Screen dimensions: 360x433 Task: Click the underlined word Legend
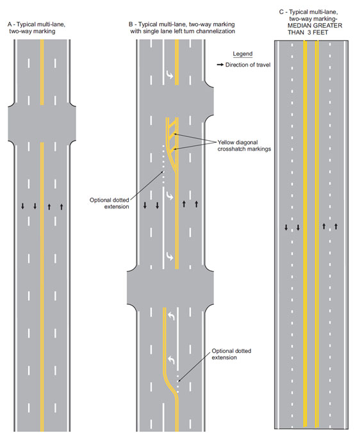pyautogui.click(x=243, y=54)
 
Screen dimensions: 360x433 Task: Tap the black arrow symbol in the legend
pyautogui.click(x=220, y=65)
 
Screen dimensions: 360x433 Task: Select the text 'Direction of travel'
pyautogui.click(x=248, y=65)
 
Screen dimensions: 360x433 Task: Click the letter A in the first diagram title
pyautogui.click(x=10, y=24)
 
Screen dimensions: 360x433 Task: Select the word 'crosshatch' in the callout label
pyautogui.click(x=230, y=149)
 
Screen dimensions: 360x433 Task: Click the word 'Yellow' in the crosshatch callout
pyautogui.click(x=225, y=142)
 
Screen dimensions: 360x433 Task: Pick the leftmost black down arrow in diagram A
pyautogui.click(x=22, y=206)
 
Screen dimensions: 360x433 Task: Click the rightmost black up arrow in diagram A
pyautogui.click(x=61, y=206)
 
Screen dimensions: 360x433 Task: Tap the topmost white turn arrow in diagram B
pyautogui.click(x=170, y=74)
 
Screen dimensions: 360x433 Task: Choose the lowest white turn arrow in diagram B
pyautogui.click(x=171, y=359)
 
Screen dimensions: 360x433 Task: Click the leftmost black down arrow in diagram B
pyautogui.click(x=145, y=205)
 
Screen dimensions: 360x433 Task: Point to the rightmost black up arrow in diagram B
pyautogui.click(x=196, y=204)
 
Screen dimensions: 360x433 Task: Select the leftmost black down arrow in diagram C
pyautogui.click(x=286, y=227)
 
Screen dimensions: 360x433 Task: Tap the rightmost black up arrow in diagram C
pyautogui.click(x=336, y=227)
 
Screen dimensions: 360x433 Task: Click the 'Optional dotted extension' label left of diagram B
pyautogui.click(x=110, y=203)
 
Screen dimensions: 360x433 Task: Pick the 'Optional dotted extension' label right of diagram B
pyautogui.click(x=231, y=354)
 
